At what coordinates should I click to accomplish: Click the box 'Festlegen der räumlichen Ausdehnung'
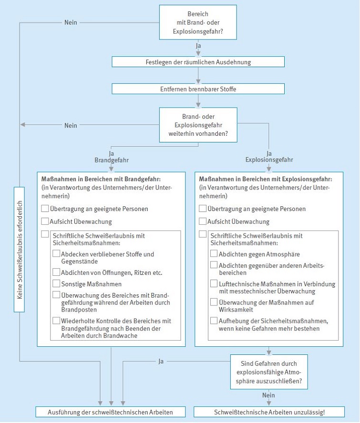click(198, 62)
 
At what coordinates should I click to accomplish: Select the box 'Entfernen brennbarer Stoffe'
click(198, 89)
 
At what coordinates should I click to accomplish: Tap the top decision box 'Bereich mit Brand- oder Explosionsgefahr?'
click(198, 22)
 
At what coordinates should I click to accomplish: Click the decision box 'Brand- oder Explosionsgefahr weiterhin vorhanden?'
click(198, 125)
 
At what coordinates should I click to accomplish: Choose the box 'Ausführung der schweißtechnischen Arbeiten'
click(111, 412)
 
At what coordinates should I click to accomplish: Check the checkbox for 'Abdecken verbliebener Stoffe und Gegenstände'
click(57, 254)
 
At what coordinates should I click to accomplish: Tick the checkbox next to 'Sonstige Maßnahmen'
click(57, 284)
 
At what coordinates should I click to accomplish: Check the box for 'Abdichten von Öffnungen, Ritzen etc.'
click(57, 272)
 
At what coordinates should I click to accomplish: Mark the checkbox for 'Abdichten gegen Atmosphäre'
click(214, 254)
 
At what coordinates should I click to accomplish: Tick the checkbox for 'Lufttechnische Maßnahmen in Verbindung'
click(214, 284)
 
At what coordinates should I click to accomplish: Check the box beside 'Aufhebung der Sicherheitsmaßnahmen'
click(214, 321)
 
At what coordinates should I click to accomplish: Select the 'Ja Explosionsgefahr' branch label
click(268, 157)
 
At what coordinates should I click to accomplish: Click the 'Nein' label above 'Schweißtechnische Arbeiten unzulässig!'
click(268, 395)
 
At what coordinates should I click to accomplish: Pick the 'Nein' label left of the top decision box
click(71, 22)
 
